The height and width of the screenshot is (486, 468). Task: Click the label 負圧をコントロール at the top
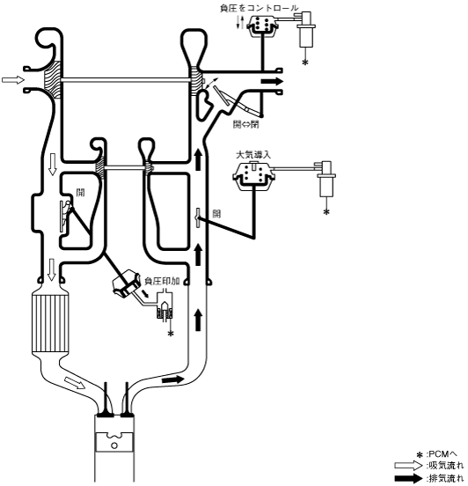(260, 8)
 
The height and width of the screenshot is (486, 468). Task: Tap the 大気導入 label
(253, 155)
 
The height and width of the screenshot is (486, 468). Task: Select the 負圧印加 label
(162, 281)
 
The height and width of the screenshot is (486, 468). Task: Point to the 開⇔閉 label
(246, 124)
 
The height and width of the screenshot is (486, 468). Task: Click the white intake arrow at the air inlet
(13, 80)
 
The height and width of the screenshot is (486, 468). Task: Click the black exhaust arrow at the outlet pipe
(272, 82)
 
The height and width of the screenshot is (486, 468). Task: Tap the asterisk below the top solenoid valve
(305, 63)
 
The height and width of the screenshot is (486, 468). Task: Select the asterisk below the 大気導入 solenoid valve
(326, 212)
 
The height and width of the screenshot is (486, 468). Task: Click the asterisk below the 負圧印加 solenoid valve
(171, 334)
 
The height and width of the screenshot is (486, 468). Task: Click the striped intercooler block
(50, 323)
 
